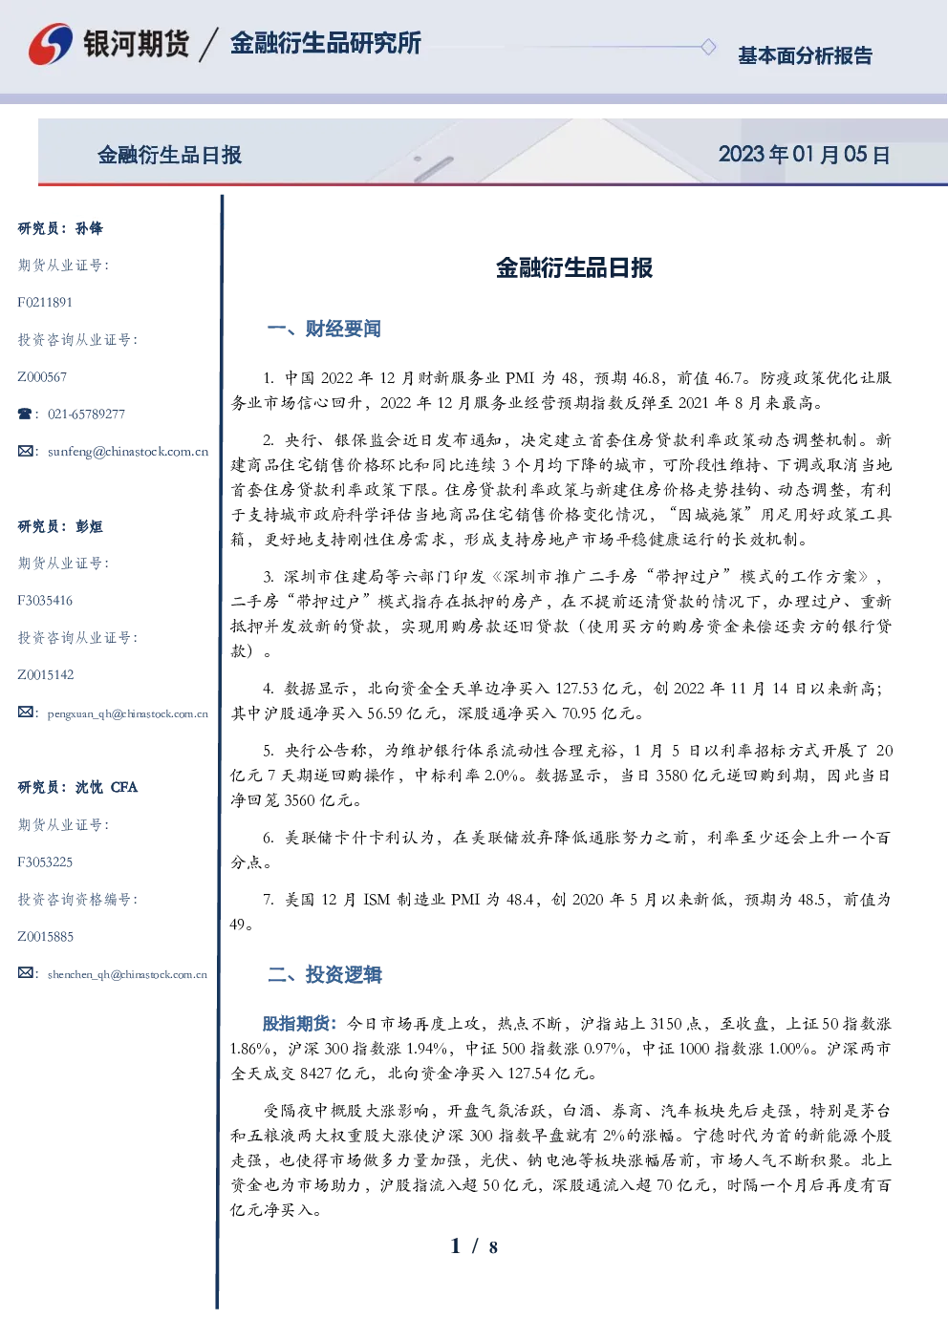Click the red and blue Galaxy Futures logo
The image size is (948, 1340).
[51, 43]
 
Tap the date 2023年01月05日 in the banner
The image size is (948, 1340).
[804, 155]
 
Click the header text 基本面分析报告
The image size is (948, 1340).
[805, 55]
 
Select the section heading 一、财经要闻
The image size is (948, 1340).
[324, 329]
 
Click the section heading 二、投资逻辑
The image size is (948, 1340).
[324, 974]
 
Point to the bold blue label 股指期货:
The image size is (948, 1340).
[299, 1024]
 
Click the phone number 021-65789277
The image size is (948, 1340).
[86, 414]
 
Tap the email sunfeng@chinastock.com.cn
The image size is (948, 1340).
[128, 452]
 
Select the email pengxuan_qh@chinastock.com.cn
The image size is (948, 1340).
[128, 713]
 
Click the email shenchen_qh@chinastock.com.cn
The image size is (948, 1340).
[127, 974]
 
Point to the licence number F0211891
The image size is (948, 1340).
[45, 302]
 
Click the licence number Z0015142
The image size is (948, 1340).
[46, 675]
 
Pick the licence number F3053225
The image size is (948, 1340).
[45, 862]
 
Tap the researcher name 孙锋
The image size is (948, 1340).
[89, 228]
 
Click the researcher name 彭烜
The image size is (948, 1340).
[89, 526]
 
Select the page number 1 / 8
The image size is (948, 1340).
[474, 1246]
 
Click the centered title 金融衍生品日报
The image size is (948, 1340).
[574, 267]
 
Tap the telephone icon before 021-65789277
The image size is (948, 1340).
[25, 414]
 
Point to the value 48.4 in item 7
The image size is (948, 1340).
[519, 900]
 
